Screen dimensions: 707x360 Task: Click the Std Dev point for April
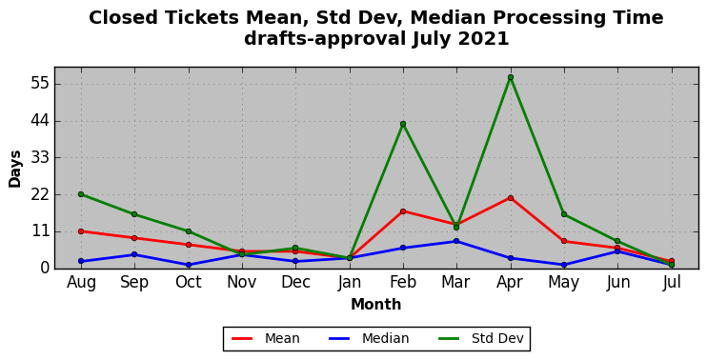(511, 77)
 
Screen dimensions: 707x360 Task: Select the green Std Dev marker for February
(403, 124)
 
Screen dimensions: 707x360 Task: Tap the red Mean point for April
(511, 198)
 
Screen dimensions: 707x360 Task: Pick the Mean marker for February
(403, 211)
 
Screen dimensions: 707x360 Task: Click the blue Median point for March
(456, 241)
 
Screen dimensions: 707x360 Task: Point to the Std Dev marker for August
(81, 194)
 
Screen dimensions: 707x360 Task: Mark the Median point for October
(189, 265)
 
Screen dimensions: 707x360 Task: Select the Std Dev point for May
(564, 214)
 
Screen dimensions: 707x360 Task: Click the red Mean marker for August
(81, 231)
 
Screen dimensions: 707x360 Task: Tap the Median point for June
(617, 251)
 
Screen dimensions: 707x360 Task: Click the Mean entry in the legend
(266, 338)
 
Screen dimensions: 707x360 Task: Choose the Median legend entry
(370, 338)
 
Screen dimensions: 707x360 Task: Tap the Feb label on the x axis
(403, 283)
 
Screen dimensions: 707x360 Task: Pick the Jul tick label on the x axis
(672, 283)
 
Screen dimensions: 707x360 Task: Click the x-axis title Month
(376, 305)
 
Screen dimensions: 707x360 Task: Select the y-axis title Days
(15, 169)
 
